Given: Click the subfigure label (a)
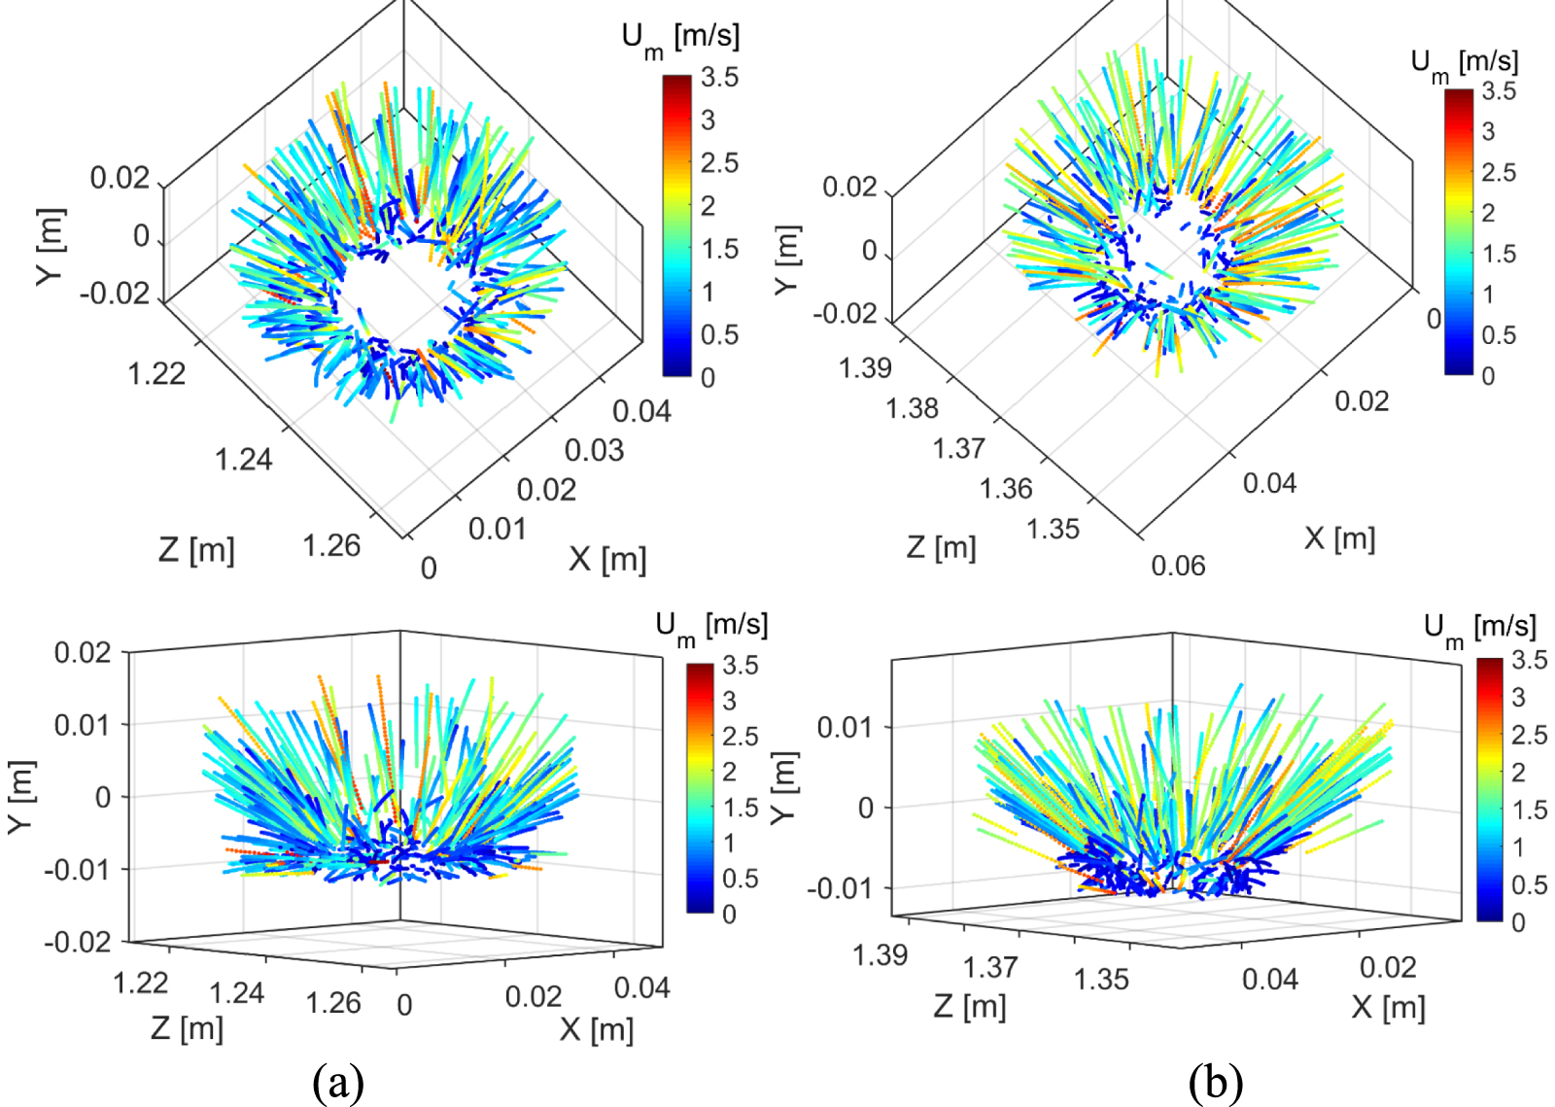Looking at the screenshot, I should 338,1081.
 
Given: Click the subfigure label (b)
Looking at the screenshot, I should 1215,1081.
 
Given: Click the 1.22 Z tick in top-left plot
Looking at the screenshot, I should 156,373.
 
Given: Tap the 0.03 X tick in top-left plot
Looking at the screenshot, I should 594,451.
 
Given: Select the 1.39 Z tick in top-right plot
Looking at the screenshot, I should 865,368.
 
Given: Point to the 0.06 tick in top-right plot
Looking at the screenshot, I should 1178,566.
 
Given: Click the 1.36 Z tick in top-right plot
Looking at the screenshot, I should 1006,489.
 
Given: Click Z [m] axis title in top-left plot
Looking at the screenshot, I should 196,550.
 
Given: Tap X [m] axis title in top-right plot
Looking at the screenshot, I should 1339,538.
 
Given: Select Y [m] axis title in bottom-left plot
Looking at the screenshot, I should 21,796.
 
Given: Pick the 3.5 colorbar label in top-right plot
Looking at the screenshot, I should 1499,91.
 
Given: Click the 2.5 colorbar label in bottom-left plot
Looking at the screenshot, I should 741,737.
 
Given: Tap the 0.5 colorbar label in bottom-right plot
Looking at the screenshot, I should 1530,884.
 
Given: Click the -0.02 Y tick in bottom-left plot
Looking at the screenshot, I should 78,942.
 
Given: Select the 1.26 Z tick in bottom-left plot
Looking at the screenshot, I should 333,1003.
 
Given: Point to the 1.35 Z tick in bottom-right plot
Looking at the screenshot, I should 1101,979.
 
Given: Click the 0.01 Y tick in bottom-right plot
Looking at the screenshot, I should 844,727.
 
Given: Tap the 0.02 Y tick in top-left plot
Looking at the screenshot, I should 120,179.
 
